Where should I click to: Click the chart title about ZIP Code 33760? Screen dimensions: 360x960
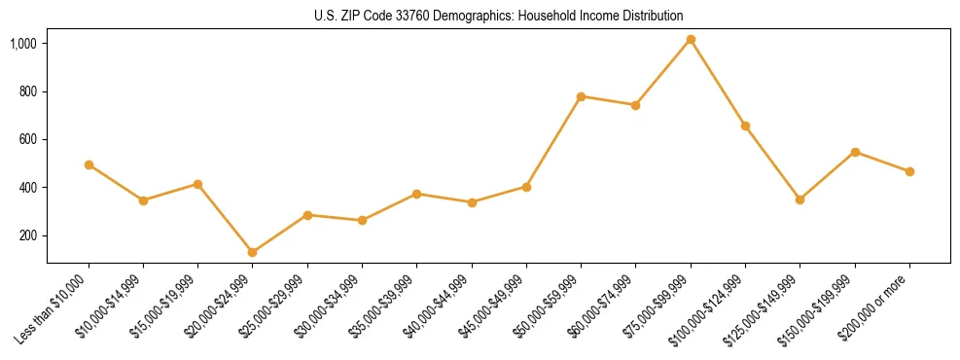pyautogui.click(x=498, y=16)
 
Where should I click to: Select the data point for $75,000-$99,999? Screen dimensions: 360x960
pyautogui.click(x=691, y=40)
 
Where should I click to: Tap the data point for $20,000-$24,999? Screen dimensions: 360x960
pyautogui.click(x=253, y=252)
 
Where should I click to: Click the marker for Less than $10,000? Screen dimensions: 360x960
pyautogui.click(x=89, y=165)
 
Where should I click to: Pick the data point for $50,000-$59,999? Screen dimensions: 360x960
pyautogui.click(x=581, y=96)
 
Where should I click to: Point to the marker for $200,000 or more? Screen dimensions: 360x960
pyautogui.click(x=909, y=171)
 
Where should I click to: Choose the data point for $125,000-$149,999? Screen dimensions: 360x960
pyautogui.click(x=800, y=199)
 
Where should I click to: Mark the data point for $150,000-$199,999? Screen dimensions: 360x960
pyautogui.click(x=855, y=152)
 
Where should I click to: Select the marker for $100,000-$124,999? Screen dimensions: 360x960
pyautogui.click(x=745, y=126)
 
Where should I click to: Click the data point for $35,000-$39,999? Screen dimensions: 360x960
pyautogui.click(x=417, y=194)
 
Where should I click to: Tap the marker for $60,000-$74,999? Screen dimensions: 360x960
pyautogui.click(x=635, y=105)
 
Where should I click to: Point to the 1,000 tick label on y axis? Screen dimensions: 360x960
pyautogui.click(x=23, y=44)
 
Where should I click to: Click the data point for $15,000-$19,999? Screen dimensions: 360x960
pyautogui.click(x=197, y=184)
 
